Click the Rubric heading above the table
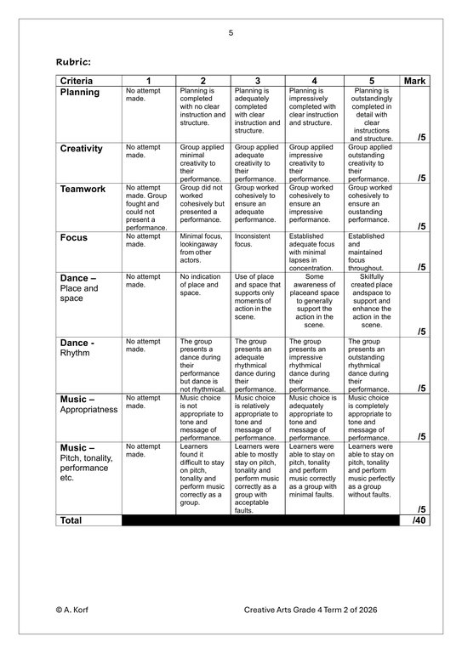click(x=74, y=61)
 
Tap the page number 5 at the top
click(x=231, y=33)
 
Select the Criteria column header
click(x=77, y=80)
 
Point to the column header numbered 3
click(x=257, y=80)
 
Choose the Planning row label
click(x=80, y=92)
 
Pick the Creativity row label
click(x=82, y=148)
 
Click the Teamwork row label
click(x=82, y=189)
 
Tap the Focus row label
click(x=73, y=238)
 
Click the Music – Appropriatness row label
click(x=88, y=403)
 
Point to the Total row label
click(x=71, y=520)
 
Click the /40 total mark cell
click(x=418, y=520)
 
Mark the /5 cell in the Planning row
click(x=421, y=136)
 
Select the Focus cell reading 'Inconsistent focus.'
click(x=251, y=240)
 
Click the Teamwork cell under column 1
click(x=146, y=207)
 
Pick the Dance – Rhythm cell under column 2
click(x=202, y=365)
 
